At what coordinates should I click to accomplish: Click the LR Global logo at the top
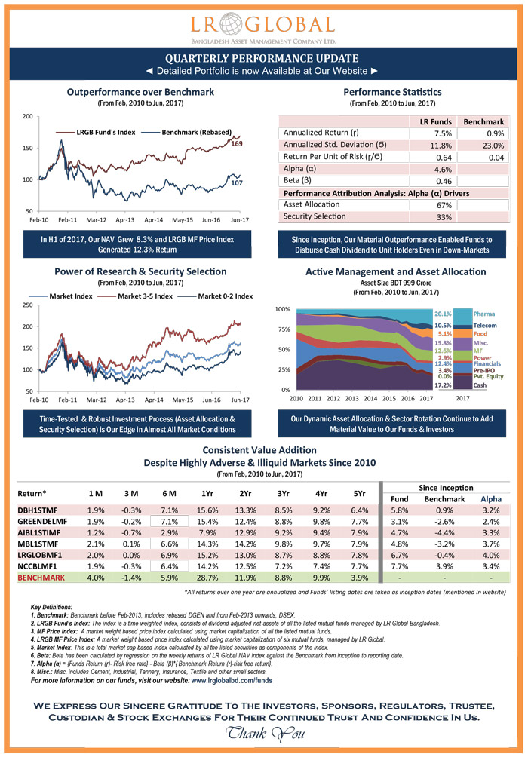coord(263,26)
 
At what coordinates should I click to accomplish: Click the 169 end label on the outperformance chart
coord(236,143)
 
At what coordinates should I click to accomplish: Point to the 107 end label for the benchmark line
coord(236,183)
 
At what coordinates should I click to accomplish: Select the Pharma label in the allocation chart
coord(484,313)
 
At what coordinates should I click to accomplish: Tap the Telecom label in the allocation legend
coord(486,325)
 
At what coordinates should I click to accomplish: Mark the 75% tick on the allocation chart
coord(284,329)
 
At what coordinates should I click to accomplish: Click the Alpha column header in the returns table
coord(490,499)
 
